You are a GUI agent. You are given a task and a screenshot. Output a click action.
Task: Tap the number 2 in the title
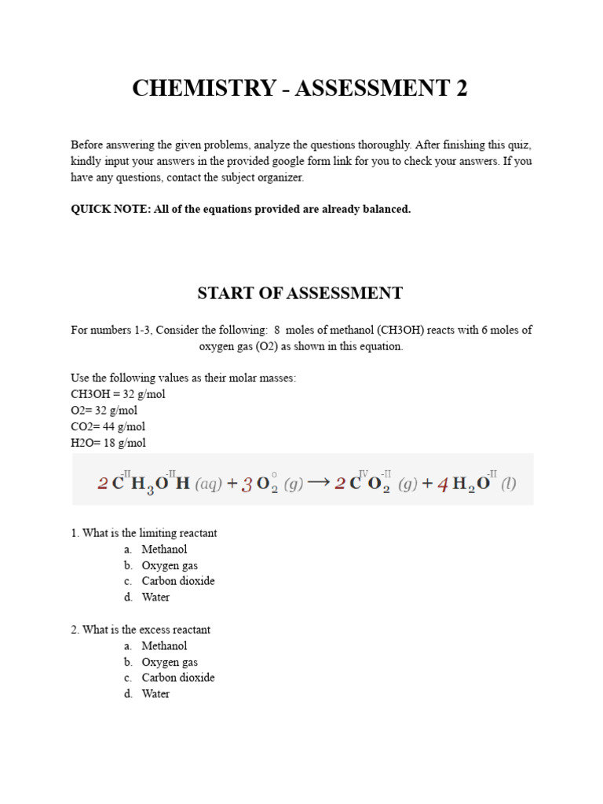pos(461,89)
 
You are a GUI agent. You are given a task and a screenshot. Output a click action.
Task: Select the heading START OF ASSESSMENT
pos(299,294)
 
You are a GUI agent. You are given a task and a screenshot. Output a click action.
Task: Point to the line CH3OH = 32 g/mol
pos(118,394)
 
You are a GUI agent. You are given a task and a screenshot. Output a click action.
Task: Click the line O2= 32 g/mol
pos(111,411)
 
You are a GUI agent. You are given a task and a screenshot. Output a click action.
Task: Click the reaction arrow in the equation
pos(317,482)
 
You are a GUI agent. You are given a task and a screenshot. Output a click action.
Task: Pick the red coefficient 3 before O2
pos(247,484)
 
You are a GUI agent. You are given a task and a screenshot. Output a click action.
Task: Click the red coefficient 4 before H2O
pos(442,484)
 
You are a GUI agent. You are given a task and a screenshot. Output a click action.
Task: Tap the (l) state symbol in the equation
pos(509,484)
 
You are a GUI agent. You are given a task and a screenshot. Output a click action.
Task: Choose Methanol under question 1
pos(164,550)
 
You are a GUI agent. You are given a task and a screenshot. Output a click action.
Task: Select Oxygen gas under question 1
pos(170,565)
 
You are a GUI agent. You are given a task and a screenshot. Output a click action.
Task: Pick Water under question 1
pos(155,598)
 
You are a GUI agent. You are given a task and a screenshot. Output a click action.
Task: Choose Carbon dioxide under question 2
pos(178,678)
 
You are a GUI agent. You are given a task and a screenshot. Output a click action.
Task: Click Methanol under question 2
pos(164,646)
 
